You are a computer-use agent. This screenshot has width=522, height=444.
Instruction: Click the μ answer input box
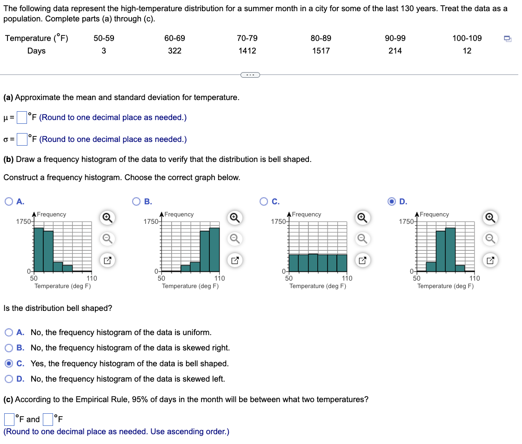pos(22,117)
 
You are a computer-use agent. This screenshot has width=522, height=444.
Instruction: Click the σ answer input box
pos(22,139)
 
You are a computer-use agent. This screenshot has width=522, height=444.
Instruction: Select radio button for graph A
pos(9,202)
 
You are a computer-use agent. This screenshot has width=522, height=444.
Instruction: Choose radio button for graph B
pos(137,202)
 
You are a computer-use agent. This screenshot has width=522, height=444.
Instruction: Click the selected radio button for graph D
pos(392,202)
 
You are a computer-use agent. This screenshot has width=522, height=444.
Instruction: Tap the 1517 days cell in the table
pos(321,51)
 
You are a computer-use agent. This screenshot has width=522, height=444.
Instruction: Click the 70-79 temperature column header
pos(247,38)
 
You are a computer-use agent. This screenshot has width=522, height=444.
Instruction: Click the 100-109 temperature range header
pos(467,38)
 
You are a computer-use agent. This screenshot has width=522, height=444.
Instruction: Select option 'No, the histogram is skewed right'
pos(9,348)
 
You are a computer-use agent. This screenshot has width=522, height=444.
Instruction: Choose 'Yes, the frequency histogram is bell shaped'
pos(9,363)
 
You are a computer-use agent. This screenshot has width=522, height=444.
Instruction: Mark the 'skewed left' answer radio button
pos(9,379)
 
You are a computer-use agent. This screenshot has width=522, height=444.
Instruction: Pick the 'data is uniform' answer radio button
pos(9,332)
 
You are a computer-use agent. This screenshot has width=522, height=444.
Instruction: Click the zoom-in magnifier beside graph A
pos(107,217)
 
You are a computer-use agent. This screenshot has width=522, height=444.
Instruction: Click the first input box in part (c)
pos(10,419)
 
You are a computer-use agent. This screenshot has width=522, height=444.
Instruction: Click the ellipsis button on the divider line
pos(249,74)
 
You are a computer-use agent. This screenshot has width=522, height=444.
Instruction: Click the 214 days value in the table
pos(395,51)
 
